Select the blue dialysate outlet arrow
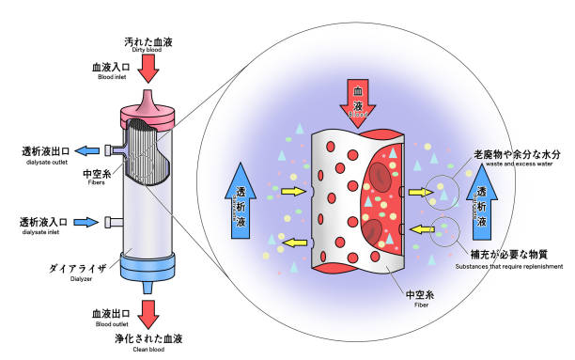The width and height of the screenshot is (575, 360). [88, 149]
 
